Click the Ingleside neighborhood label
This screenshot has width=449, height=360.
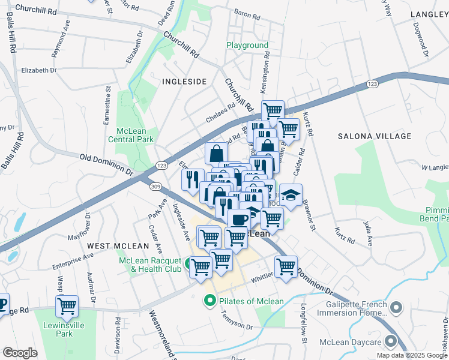[185, 81]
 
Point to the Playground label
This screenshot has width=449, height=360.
[247, 46]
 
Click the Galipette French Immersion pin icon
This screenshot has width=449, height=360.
[396, 308]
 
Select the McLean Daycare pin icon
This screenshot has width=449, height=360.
[391, 342]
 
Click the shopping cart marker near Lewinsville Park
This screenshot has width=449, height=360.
[67, 306]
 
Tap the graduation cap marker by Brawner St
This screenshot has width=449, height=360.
[291, 196]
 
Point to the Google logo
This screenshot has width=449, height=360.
[20, 353]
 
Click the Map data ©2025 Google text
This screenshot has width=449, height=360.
[412, 355]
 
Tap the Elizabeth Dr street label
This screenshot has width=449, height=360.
[38, 70]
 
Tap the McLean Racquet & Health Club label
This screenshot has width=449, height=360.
[150, 265]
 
